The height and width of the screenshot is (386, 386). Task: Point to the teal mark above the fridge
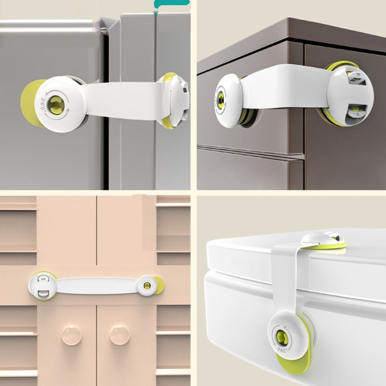click(x=172, y=4)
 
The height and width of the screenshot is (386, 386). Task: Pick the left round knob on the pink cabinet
click(x=71, y=334)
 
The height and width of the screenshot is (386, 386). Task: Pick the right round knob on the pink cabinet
click(x=119, y=334)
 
